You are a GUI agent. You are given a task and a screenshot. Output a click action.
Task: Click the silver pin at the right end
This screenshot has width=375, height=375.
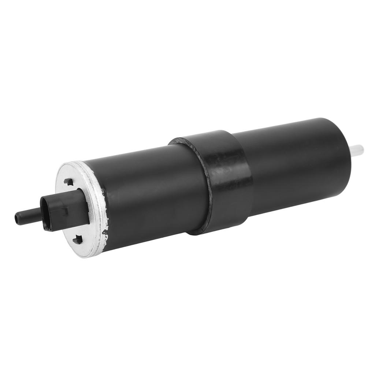pyautogui.click(x=358, y=149)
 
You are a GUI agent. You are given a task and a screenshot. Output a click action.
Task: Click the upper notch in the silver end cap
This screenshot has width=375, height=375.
pyautogui.click(x=69, y=182)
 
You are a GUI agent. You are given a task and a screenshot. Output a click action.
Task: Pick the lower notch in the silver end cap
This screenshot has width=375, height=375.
pyautogui.click(x=78, y=240)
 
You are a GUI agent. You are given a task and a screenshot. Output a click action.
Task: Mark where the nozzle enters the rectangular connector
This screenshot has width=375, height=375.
pyautogui.click(x=41, y=212)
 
